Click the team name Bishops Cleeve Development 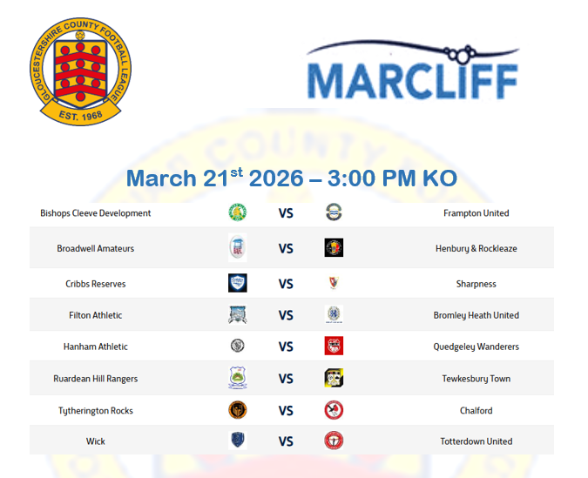(x=96, y=213)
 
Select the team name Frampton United (x=476, y=213)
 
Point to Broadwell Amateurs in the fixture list (x=96, y=249)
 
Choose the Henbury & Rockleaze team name (x=476, y=249)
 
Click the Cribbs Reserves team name (x=96, y=284)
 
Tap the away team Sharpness (x=476, y=284)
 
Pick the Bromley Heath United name (x=476, y=315)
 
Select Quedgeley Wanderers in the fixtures (x=476, y=347)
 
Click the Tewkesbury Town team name (x=476, y=379)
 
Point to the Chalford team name (x=476, y=410)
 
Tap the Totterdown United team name (x=476, y=441)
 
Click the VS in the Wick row (x=286, y=441)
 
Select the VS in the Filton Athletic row (x=286, y=315)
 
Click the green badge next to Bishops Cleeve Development (x=237, y=212)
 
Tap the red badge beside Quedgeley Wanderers (x=334, y=346)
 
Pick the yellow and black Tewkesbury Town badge (x=334, y=378)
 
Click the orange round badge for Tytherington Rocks (x=237, y=409)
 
